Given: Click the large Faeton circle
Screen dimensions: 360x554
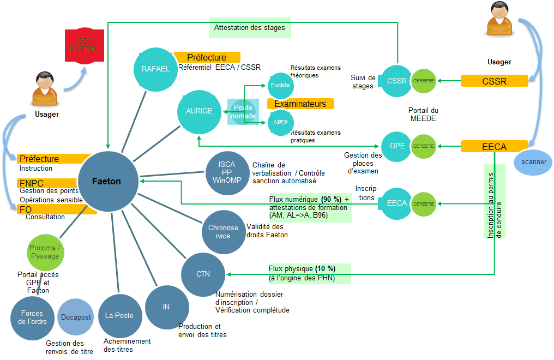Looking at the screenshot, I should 107,181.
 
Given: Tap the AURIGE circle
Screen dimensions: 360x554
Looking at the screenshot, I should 198,111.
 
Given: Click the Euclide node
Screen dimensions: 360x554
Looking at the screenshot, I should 280,86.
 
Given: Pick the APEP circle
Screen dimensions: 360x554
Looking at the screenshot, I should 280,122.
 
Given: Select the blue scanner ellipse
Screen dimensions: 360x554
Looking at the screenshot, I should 533,162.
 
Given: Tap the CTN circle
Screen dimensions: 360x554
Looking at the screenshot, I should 203,274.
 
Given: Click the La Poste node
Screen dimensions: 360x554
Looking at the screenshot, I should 119,315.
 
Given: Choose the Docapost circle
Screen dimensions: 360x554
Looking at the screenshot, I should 76,317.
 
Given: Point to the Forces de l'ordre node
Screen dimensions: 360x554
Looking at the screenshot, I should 34,317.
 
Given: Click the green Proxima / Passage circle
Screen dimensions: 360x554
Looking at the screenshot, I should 45,252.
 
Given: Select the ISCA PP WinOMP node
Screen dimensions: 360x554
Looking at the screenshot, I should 227,172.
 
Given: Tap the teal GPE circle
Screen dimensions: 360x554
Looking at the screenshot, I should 397,146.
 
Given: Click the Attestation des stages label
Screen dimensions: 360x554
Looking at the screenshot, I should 250,27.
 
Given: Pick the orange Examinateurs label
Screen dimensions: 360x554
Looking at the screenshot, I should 300,104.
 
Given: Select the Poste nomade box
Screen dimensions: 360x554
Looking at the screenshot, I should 243,112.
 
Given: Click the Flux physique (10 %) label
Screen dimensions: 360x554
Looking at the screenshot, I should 309,273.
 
